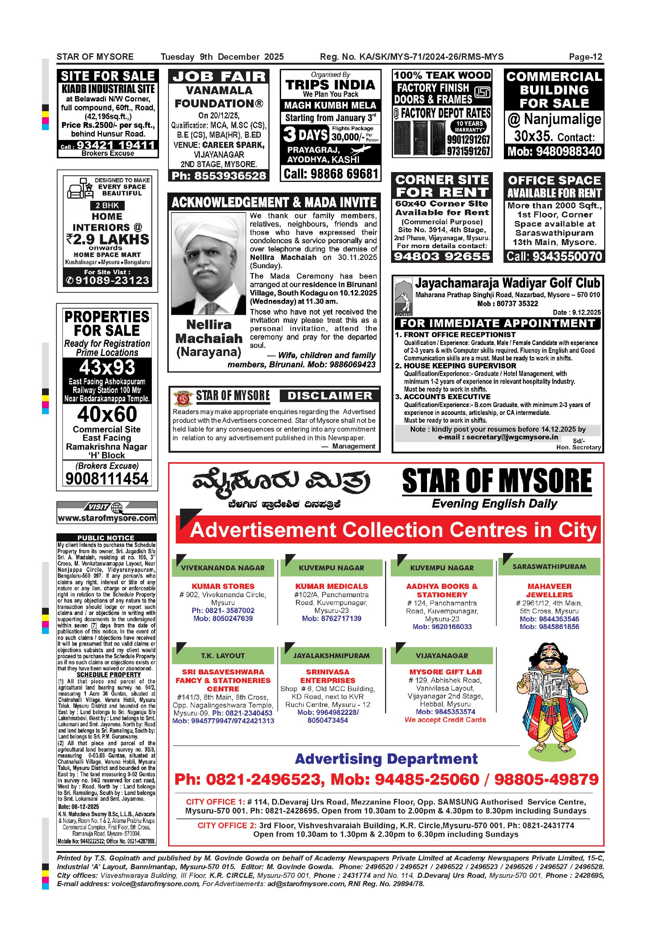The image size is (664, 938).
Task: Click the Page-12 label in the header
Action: (586, 57)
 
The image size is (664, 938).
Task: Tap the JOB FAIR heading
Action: (219, 76)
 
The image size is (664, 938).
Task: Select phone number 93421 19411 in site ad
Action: (116, 145)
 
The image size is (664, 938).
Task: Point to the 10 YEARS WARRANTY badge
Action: (469, 126)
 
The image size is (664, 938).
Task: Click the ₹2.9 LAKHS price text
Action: (108, 239)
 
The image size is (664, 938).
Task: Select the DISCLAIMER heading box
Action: (330, 396)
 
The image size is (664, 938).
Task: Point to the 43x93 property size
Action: (107, 368)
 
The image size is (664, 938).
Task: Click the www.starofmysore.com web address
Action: (107, 519)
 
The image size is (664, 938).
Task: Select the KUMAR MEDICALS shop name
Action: (331, 586)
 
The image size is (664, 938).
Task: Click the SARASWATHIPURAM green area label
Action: (549, 567)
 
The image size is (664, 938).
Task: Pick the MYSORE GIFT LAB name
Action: (445, 672)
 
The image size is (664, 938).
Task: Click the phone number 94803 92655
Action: (441, 256)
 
